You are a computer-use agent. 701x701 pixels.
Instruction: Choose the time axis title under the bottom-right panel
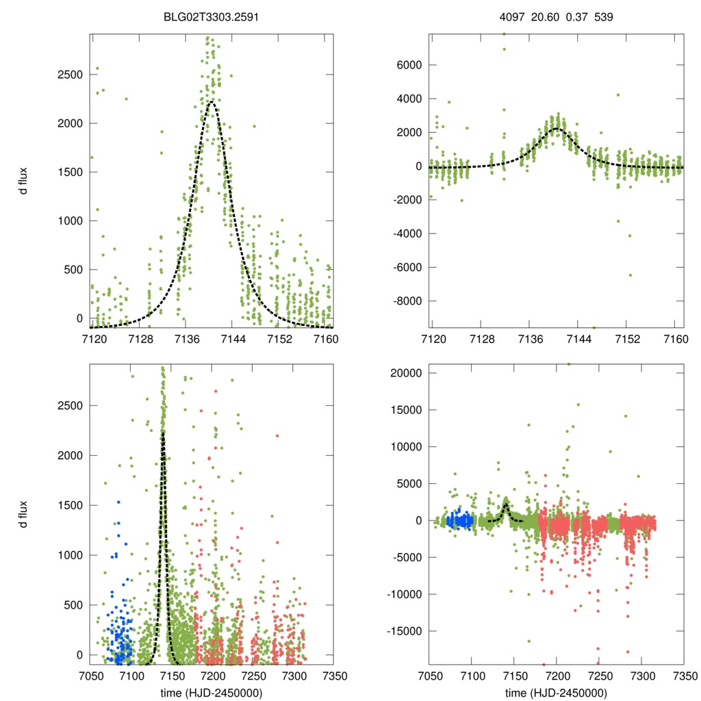click(x=557, y=693)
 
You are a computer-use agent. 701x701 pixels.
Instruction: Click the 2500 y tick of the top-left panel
click(x=70, y=74)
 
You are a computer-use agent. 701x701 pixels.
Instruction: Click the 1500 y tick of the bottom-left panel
click(x=70, y=505)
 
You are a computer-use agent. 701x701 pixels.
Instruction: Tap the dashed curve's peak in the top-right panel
click(x=556, y=128)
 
